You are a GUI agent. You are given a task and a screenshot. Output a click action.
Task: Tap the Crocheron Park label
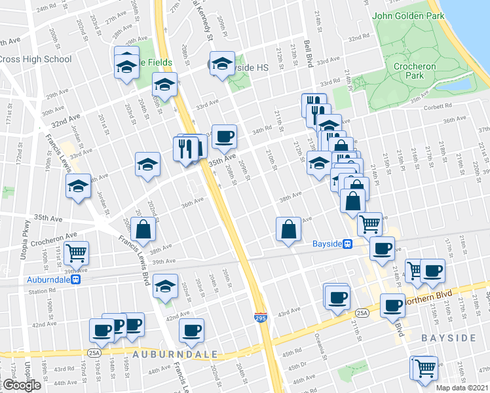[x=414, y=71]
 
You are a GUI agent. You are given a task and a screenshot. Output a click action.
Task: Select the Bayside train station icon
[x=349, y=244]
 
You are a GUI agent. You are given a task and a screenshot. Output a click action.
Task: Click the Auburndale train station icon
[x=76, y=278]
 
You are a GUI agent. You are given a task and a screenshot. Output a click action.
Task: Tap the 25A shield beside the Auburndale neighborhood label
[x=94, y=353]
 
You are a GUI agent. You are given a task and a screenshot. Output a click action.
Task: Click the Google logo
[x=22, y=384]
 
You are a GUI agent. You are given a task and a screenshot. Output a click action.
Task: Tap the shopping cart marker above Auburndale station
[x=77, y=252]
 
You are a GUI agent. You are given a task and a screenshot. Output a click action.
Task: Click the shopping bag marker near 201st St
[x=143, y=229]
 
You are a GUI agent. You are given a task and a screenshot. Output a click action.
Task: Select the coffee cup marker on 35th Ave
[x=224, y=136]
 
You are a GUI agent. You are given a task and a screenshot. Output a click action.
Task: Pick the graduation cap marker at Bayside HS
[x=223, y=64]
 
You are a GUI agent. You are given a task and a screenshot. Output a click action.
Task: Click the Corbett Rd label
[x=438, y=107]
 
